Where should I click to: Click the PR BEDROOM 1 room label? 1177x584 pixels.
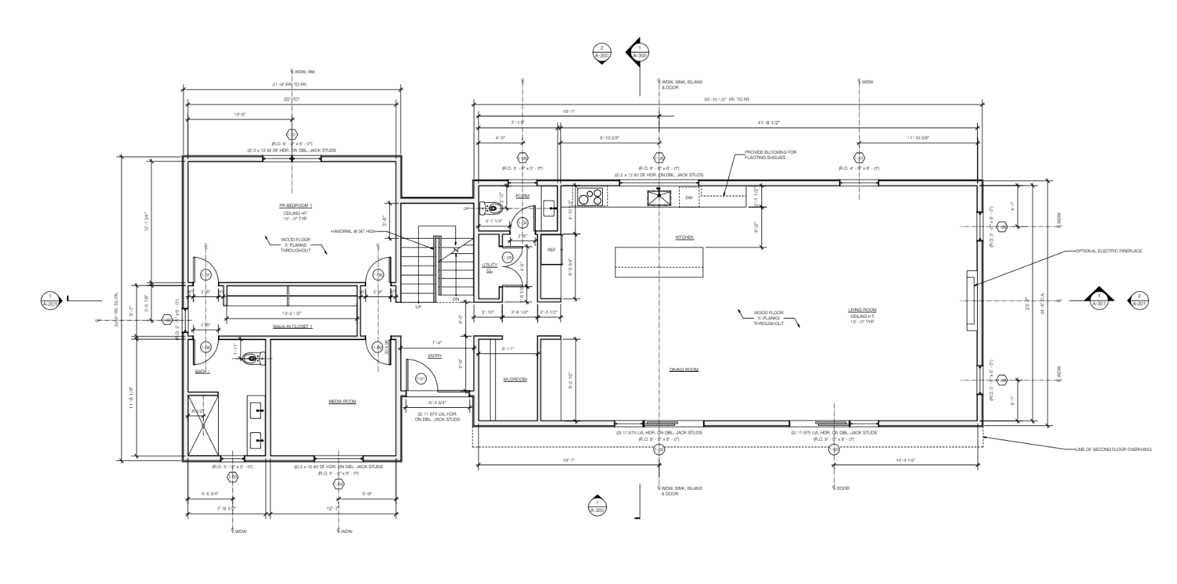click(291, 205)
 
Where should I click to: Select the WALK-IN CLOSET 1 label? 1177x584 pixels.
click(292, 327)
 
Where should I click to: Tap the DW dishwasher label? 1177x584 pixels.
click(689, 197)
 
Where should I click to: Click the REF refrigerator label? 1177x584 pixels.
click(552, 250)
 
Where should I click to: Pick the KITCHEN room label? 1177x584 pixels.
click(684, 237)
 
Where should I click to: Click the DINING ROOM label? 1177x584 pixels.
click(683, 370)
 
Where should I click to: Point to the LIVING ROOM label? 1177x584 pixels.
click(862, 310)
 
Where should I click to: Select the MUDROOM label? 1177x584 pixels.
click(514, 379)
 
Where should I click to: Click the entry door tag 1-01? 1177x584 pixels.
click(422, 378)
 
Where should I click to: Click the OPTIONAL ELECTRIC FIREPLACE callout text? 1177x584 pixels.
click(1108, 251)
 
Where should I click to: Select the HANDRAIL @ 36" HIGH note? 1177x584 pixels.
click(353, 231)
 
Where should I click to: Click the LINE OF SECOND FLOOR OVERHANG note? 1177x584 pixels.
click(1112, 449)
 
